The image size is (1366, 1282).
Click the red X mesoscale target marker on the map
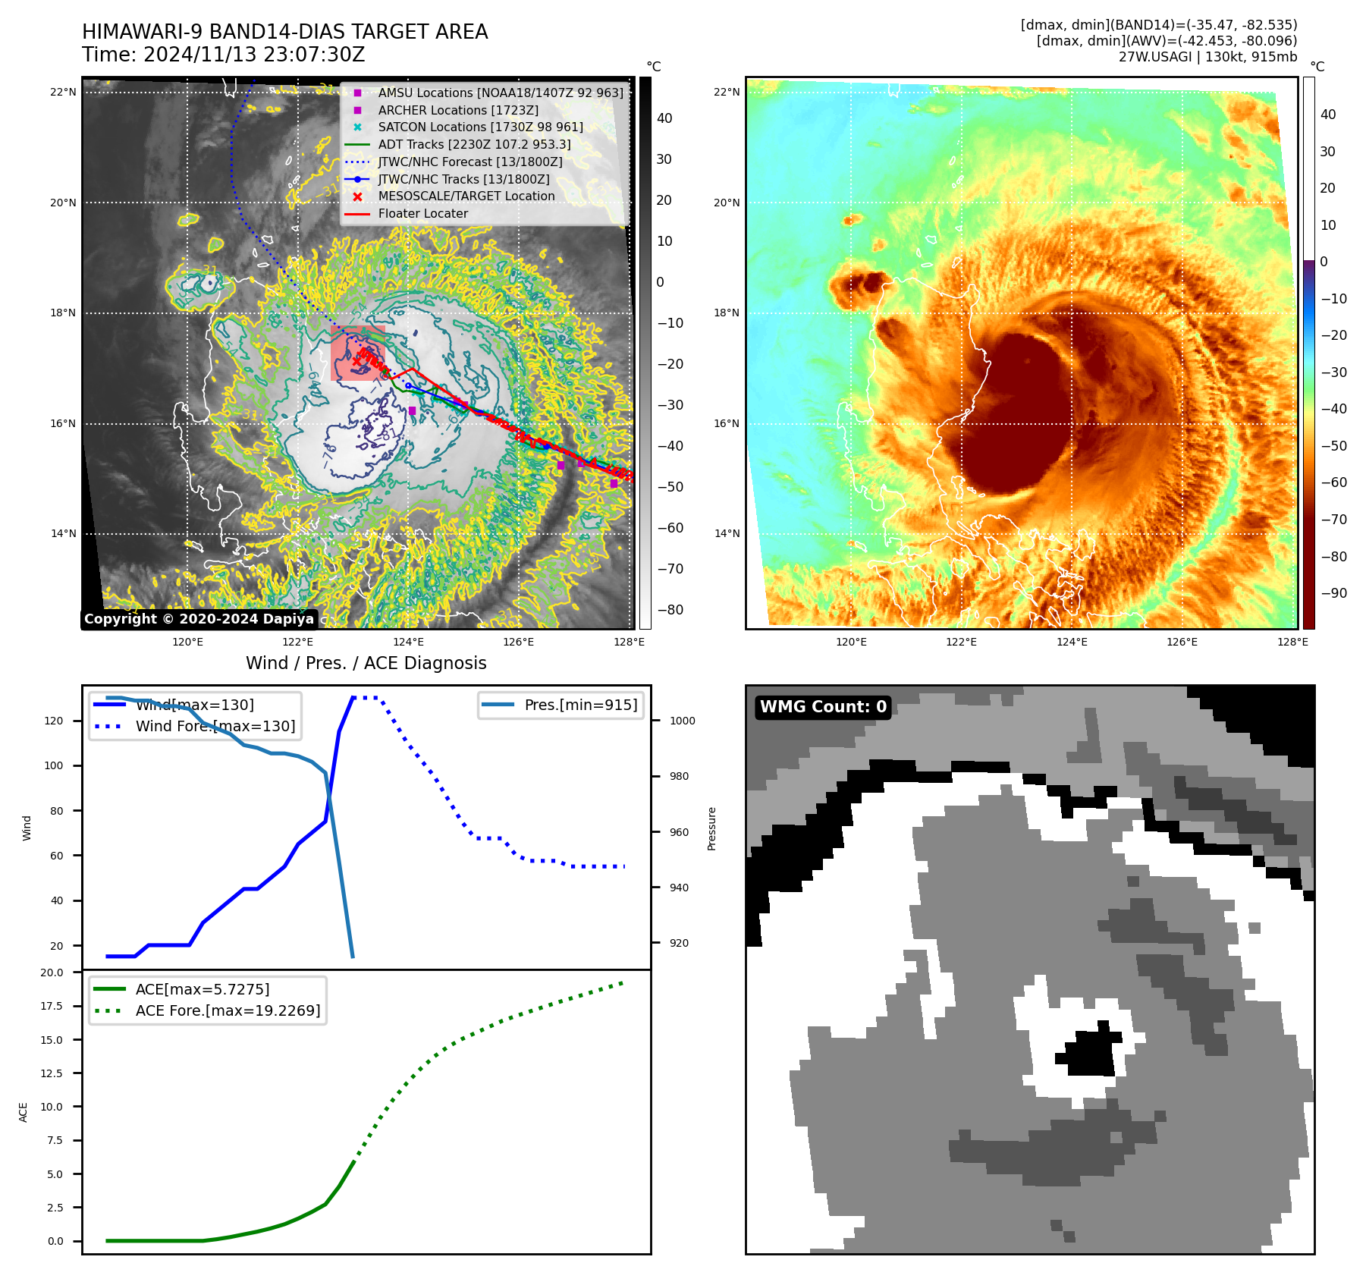pyautogui.click(x=357, y=361)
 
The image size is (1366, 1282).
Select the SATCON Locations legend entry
pyautogui.click(x=480, y=127)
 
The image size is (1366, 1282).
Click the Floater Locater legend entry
pyautogui.click(x=422, y=214)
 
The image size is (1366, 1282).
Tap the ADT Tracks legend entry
pyautogui.click(x=474, y=144)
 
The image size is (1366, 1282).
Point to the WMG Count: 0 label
pyautogui.click(x=823, y=707)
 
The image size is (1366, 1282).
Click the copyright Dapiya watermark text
pyautogui.click(x=199, y=619)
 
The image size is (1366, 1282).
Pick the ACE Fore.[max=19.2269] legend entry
pyautogui.click(x=228, y=1010)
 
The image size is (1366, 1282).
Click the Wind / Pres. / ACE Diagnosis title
pyautogui.click(x=366, y=663)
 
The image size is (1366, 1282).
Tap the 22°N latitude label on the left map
pyautogui.click(x=63, y=93)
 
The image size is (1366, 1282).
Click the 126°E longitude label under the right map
pyautogui.click(x=1182, y=642)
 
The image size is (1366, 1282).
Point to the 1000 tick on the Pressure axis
pyautogui.click(x=682, y=721)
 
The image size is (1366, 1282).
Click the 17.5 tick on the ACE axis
pyautogui.click(x=52, y=1006)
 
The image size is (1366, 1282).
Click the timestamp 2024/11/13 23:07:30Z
pyautogui.click(x=254, y=55)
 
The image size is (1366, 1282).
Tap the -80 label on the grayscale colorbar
pyautogui.click(x=670, y=610)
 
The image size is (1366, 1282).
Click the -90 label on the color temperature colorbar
pyautogui.click(x=1333, y=593)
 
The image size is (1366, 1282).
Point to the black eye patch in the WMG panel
pyautogui.click(x=1091, y=1050)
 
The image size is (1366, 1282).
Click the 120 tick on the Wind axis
pyautogui.click(x=54, y=721)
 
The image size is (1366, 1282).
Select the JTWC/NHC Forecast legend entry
pyautogui.click(x=470, y=162)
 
